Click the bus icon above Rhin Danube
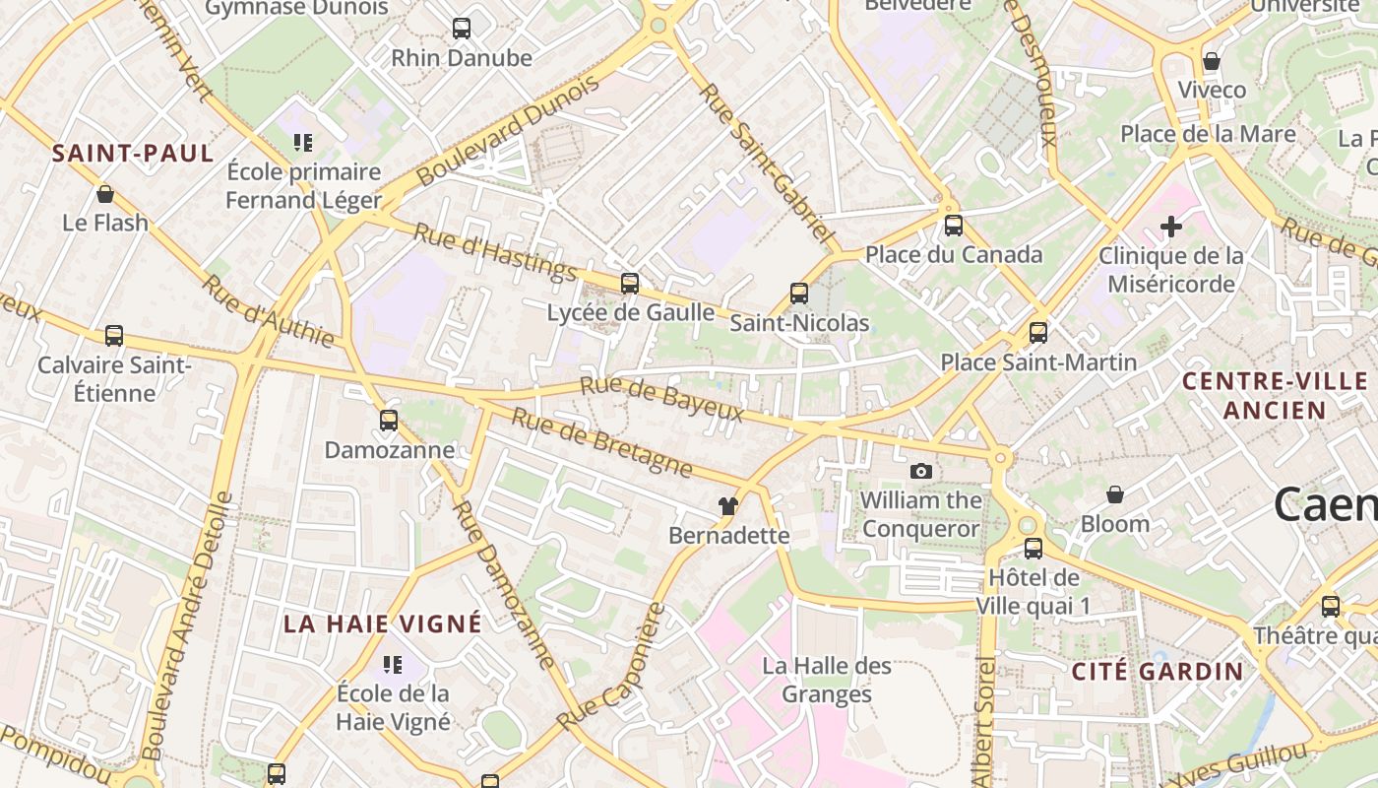click(462, 29)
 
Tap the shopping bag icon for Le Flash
click(105, 194)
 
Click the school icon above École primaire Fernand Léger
click(303, 143)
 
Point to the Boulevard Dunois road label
click(508, 131)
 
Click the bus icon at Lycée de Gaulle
click(630, 284)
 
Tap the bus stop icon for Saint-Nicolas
click(799, 294)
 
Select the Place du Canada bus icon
click(953, 226)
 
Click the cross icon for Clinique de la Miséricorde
click(1170, 227)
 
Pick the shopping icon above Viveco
click(1212, 61)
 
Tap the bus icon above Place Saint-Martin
click(1038, 333)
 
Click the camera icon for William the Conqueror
click(921, 471)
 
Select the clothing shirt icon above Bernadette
click(728, 506)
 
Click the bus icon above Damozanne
click(389, 421)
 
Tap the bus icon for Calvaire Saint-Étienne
click(114, 336)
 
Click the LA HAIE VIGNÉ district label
click(383, 624)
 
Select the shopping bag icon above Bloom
click(1115, 494)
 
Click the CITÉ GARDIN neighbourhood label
click(1158, 672)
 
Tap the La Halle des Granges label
click(827, 681)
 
